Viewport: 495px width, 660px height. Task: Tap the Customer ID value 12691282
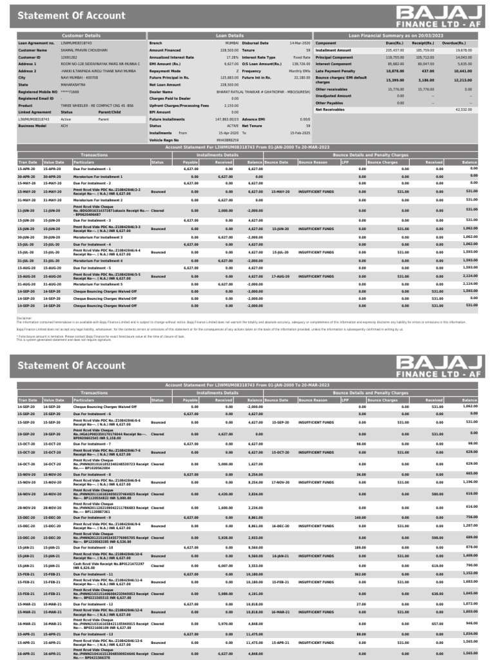69,57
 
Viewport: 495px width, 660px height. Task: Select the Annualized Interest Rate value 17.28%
232,57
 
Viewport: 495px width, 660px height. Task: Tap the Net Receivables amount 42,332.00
463,110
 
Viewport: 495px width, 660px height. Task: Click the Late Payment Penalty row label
336,70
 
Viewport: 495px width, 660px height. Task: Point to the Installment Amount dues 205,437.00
394,50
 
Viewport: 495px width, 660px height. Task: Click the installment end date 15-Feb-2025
300,132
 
